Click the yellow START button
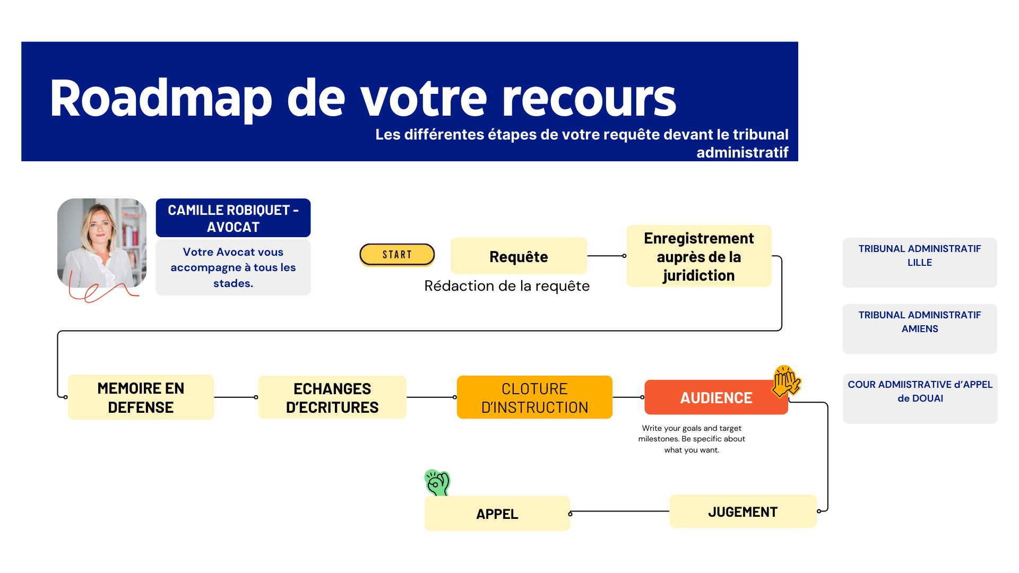coord(397,255)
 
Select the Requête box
coord(519,256)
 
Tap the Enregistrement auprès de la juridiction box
coord(698,256)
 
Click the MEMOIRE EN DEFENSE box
coord(141,397)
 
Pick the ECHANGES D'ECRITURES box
coord(332,397)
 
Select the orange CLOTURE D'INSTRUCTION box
coord(534,397)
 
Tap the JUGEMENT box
coord(742,511)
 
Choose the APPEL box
coord(497,514)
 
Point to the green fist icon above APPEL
coord(437,482)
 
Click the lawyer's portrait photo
coord(102,243)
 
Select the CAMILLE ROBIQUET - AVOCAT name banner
coord(233,218)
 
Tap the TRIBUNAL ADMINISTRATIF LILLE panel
coord(919,263)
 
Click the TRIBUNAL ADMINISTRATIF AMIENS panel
coord(919,328)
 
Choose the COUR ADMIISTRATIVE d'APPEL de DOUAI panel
coord(920,398)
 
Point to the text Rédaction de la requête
coord(507,286)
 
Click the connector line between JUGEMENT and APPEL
coord(620,512)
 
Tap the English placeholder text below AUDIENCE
coord(692,439)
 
